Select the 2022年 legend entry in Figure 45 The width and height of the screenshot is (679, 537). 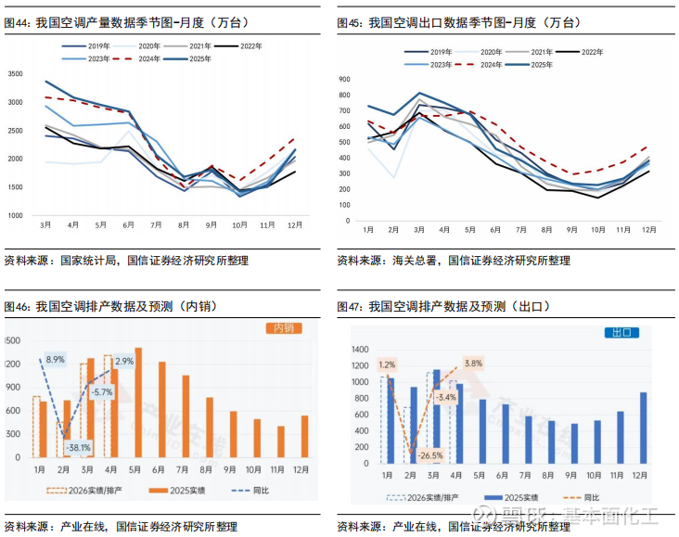(586, 51)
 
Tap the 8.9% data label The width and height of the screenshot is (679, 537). (55, 359)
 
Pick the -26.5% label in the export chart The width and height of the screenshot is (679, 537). (429, 455)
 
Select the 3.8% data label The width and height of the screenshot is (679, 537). (473, 364)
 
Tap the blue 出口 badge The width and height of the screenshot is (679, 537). (619, 331)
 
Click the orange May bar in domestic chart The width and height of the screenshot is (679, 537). (138, 403)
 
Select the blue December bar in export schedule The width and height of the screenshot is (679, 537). (643, 428)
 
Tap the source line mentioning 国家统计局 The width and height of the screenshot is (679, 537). (126, 261)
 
